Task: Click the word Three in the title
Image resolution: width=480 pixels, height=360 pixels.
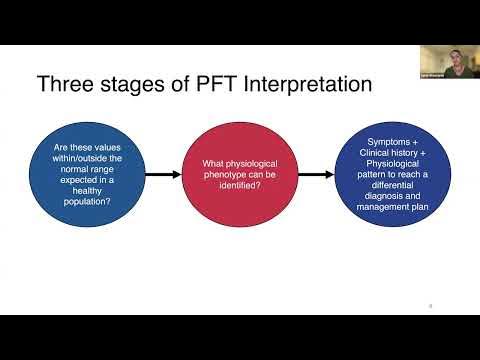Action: pos(65,84)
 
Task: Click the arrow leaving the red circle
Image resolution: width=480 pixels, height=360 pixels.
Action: pos(316,174)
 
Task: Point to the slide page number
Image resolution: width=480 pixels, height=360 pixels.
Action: pos(429,305)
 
